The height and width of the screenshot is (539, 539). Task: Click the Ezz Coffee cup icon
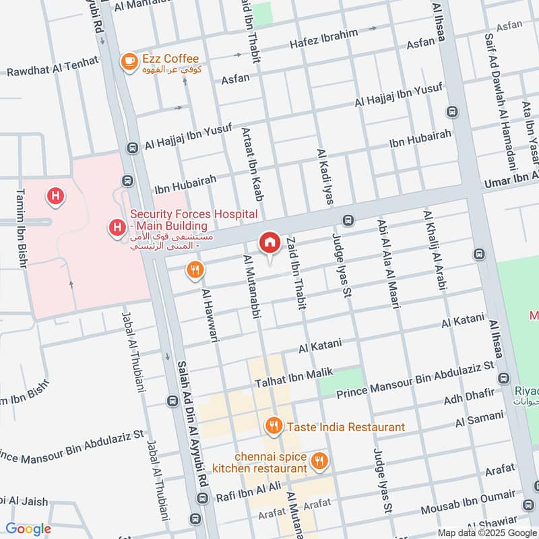[127, 61]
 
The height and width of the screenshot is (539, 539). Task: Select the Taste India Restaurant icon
[273, 426]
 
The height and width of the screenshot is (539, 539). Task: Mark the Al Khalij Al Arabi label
[434, 251]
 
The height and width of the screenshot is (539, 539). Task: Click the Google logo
[28, 529]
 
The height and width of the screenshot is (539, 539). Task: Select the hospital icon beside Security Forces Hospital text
[118, 229]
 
